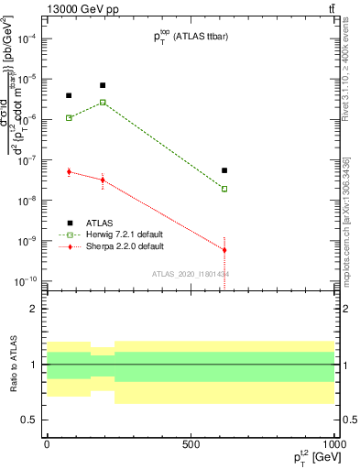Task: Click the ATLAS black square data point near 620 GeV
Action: coord(224,170)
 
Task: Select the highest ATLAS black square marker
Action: coord(103,85)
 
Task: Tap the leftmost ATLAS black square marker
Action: coord(69,95)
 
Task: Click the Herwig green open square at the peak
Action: coord(103,102)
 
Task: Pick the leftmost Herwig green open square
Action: coord(69,117)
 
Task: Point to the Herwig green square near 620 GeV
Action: coord(224,189)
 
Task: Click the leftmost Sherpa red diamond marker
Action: coord(69,171)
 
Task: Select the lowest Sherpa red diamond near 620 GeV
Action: coord(224,249)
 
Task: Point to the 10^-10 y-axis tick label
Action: coord(23,281)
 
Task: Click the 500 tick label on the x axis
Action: coord(191,444)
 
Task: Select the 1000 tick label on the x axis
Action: coord(333,444)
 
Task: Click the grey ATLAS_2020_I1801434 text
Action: coord(191,274)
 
